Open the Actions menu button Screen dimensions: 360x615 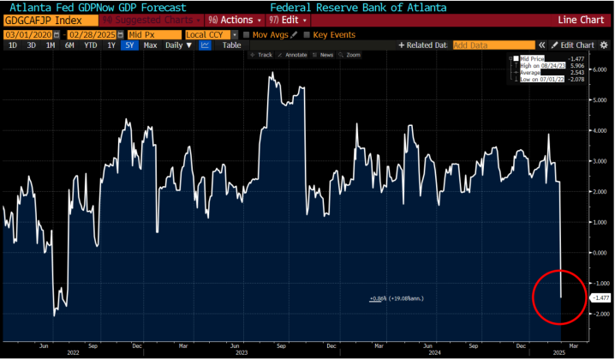(x=229, y=18)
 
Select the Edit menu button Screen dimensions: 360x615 (x=288, y=18)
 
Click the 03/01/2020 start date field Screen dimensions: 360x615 (x=27, y=34)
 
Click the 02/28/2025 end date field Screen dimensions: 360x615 (x=92, y=34)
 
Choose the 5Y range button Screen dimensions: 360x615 (x=129, y=45)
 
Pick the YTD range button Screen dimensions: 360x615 (x=89, y=45)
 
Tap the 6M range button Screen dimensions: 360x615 (x=69, y=45)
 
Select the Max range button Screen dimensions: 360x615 (x=151, y=45)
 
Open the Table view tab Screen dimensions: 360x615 (x=231, y=45)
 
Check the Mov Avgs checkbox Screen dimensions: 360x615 (x=247, y=34)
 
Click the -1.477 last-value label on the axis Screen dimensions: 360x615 (x=600, y=297)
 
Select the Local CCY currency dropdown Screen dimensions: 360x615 (x=212, y=34)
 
